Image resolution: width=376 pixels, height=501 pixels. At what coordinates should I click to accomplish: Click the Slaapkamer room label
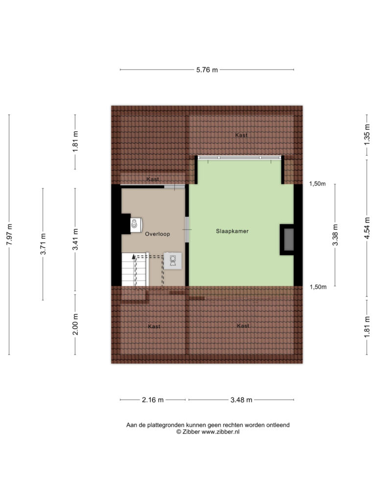tap(232, 231)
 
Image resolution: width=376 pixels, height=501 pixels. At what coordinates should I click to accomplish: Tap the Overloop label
tap(157, 234)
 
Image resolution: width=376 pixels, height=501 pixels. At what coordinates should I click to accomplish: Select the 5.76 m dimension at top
tap(207, 69)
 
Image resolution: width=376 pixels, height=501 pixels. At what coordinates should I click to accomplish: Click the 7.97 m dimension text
tap(9, 234)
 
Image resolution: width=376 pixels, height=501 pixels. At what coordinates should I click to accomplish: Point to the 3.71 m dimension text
tap(43, 244)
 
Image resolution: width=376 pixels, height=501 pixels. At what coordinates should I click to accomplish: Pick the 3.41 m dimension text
tap(75, 240)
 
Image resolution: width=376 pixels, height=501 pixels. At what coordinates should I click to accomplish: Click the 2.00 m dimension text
tap(75, 324)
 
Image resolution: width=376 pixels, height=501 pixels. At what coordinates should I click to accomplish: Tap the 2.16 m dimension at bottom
tap(153, 400)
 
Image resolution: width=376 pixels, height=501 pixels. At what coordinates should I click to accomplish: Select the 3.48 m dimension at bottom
tap(241, 400)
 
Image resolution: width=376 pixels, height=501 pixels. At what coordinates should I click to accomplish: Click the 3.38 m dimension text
tap(335, 235)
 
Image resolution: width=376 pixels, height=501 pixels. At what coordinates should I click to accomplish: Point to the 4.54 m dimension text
tap(367, 228)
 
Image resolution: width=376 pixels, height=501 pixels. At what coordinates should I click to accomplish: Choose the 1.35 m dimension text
tap(367, 135)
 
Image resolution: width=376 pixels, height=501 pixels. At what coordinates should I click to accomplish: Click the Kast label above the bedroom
tap(241, 135)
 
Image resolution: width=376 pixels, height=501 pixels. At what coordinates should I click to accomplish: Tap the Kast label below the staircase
tap(154, 326)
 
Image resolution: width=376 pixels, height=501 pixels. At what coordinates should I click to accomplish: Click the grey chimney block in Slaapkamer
tap(289, 240)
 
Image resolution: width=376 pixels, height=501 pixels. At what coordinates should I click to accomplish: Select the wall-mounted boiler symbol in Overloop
tap(136, 225)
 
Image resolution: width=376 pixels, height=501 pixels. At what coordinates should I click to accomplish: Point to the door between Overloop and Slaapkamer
tap(187, 230)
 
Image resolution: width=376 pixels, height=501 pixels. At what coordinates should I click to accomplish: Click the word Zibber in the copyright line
tap(191, 432)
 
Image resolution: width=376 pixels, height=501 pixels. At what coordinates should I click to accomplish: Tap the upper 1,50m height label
tap(317, 184)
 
